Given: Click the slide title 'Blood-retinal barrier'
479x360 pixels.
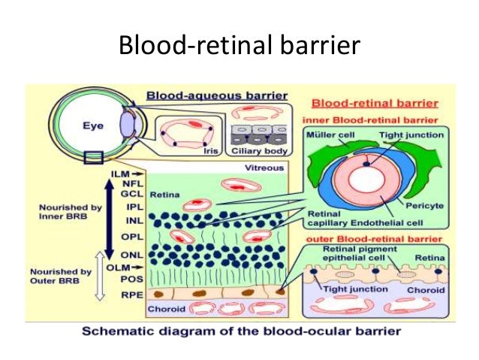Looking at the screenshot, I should click(x=239, y=47).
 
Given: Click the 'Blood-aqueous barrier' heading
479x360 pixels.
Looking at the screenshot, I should click(x=216, y=96).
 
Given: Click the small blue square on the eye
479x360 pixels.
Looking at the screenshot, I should click(x=94, y=157).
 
